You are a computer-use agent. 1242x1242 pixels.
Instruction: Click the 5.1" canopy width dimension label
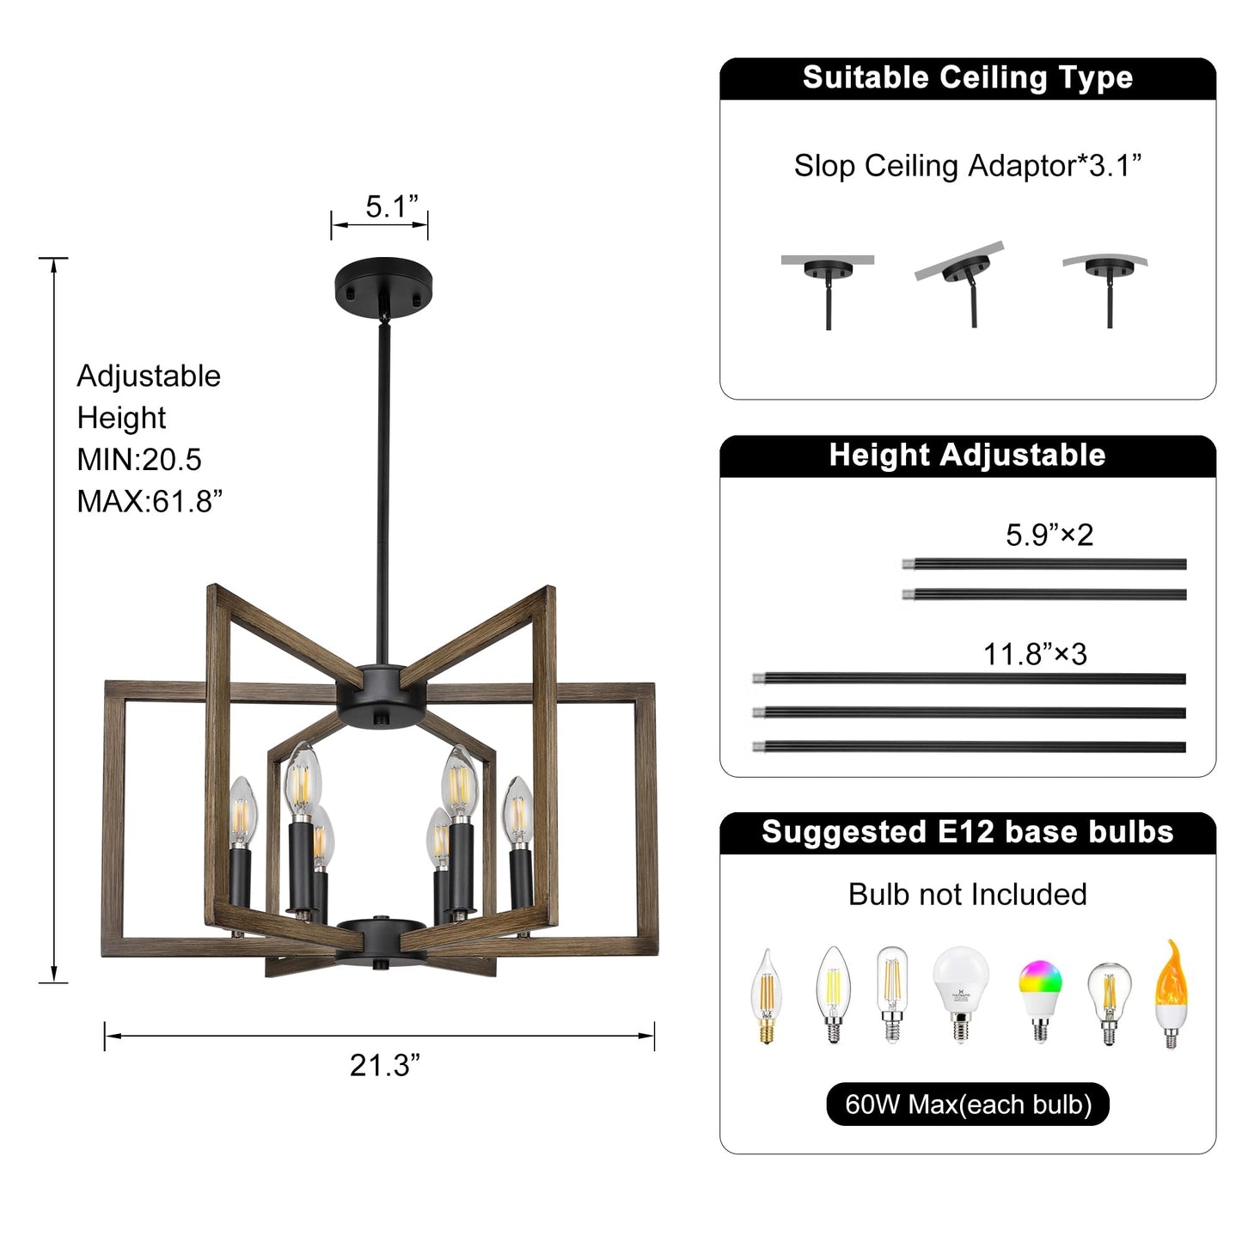tap(391, 207)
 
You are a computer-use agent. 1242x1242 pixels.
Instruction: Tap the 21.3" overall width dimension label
tap(384, 1065)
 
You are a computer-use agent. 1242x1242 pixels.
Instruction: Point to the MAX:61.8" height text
tap(150, 501)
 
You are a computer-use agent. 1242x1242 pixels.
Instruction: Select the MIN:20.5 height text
tap(139, 460)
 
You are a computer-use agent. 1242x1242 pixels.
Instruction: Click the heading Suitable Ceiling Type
tap(967, 78)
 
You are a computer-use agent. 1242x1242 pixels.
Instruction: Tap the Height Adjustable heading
tap(967, 456)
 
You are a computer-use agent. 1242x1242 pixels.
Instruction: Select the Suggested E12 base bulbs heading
tap(967, 832)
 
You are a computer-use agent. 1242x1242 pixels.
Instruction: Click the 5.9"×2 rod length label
tap(1049, 535)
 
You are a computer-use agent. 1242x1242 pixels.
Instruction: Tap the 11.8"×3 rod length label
tap(1035, 654)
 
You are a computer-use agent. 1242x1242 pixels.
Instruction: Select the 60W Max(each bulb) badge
tap(967, 1104)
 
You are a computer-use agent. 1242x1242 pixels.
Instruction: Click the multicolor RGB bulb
tap(1040, 997)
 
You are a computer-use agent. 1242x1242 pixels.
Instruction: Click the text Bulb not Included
tap(967, 895)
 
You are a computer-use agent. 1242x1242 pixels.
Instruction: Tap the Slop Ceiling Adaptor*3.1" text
tap(967, 166)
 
